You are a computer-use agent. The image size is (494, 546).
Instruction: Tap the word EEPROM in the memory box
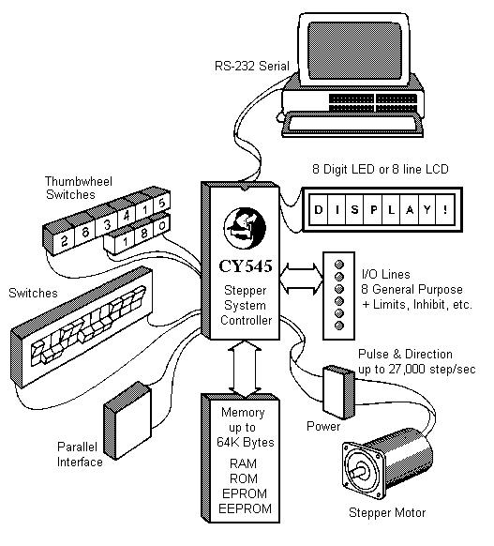point(242,508)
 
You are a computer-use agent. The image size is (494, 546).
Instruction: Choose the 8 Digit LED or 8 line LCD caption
point(381,169)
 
